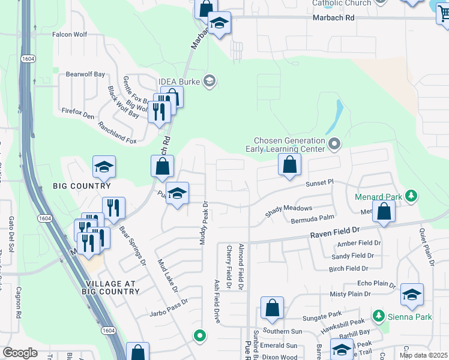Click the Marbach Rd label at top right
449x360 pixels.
334,19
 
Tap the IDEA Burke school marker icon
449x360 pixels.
209,80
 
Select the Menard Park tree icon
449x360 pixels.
411,195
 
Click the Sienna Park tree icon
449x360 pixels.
378,316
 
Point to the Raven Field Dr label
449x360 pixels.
334,230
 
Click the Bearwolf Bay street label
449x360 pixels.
85,74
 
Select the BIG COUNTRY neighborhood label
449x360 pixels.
82,186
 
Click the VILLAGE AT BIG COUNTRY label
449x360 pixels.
113,287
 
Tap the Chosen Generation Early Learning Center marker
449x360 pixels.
335,144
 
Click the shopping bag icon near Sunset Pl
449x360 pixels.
290,164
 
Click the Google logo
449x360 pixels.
20,353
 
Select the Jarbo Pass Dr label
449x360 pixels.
169,305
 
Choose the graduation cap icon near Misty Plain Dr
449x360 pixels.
412,294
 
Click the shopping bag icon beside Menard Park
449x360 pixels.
384,211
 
